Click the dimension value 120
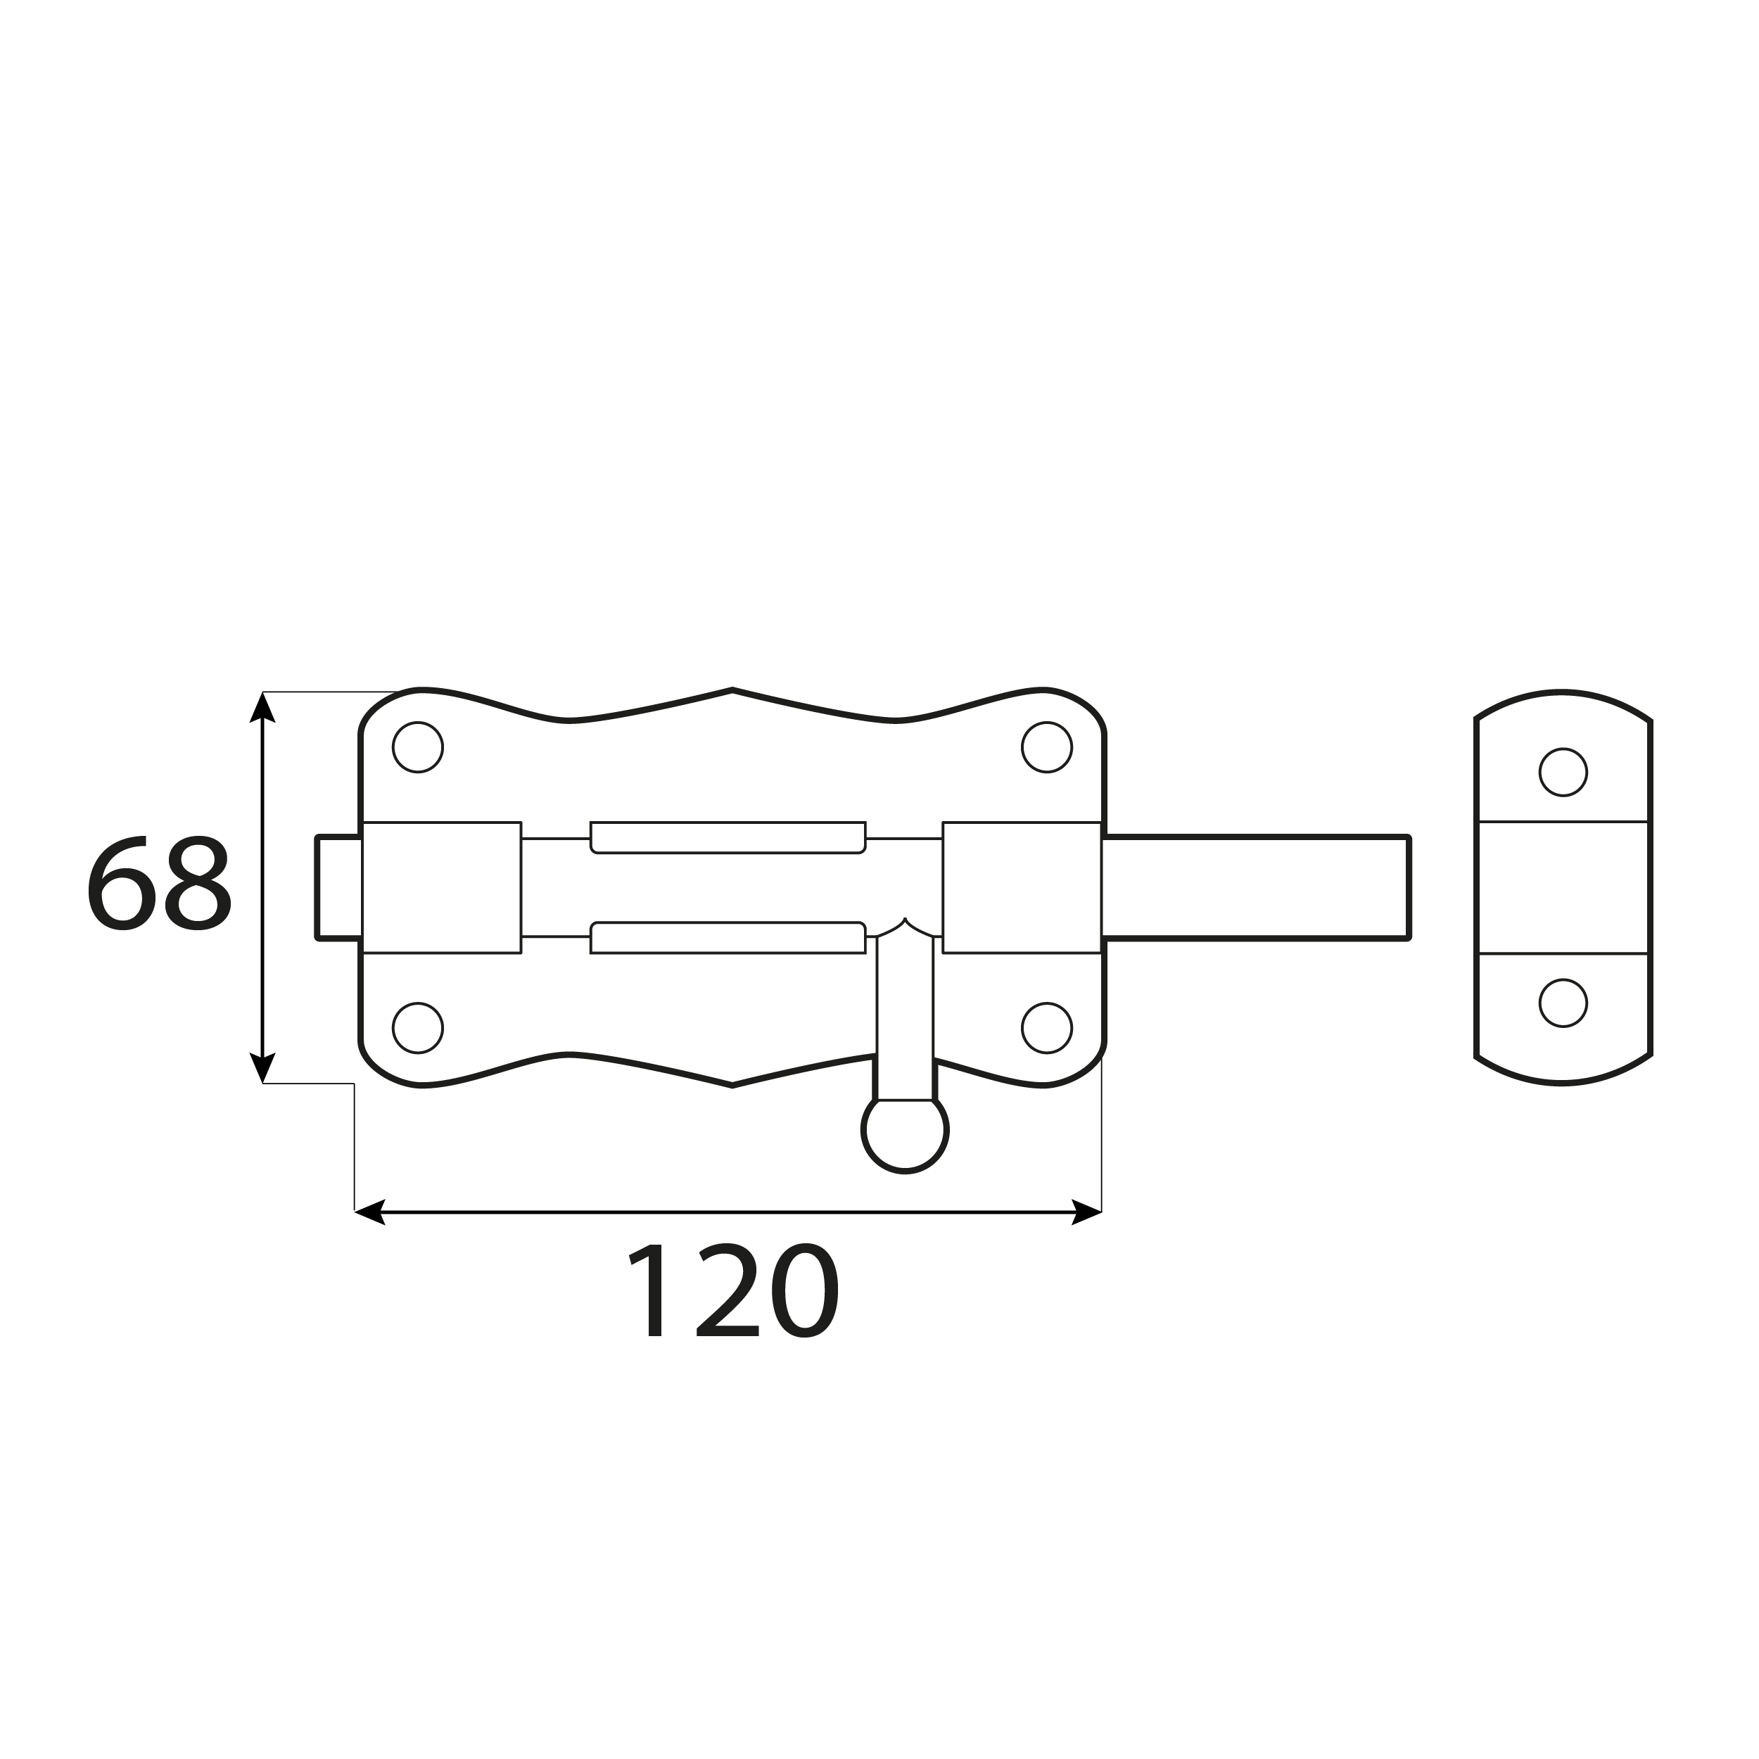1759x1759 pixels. click(x=733, y=1290)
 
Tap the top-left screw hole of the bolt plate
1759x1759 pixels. click(x=418, y=747)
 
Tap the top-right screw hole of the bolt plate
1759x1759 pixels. click(x=1047, y=747)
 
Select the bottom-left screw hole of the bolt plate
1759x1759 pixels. click(x=418, y=1028)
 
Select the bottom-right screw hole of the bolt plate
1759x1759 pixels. click(x=1047, y=1028)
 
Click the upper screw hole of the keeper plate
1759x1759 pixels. click(x=1563, y=772)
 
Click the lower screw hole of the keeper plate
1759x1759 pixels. click(x=1563, y=1003)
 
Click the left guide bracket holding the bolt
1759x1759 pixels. click(x=442, y=888)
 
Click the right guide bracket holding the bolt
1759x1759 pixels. click(x=1022, y=888)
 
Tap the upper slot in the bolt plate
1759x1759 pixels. click(x=728, y=837)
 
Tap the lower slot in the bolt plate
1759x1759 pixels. click(x=728, y=938)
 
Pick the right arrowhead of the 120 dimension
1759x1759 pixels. click(x=1087, y=1212)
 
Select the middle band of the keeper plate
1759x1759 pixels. click(x=1563, y=888)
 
